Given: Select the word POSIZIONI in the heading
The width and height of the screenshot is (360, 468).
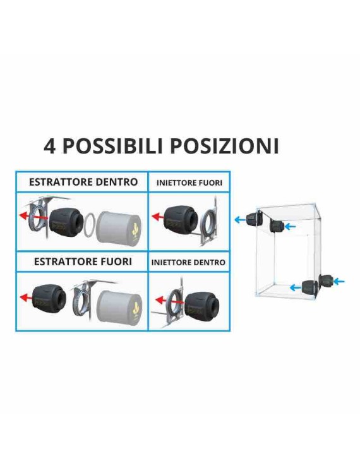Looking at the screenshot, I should [225, 146].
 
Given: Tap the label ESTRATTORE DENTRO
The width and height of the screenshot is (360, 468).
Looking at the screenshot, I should [83, 182].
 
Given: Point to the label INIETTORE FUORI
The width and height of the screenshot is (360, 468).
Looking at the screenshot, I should [189, 183].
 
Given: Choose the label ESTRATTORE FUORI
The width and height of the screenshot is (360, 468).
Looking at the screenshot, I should [83, 261].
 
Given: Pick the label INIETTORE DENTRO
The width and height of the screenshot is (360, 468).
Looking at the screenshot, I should [188, 261].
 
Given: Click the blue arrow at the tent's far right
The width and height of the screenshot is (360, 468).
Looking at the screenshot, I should [339, 280].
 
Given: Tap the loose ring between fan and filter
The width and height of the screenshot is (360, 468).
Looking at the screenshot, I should [90, 223].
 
